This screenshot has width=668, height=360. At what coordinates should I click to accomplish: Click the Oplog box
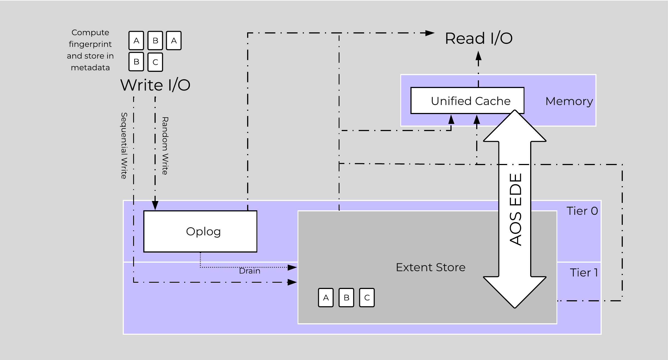point(200,231)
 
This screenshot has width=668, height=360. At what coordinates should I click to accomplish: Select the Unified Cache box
point(467,101)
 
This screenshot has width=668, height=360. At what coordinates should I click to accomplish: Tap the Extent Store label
point(430,267)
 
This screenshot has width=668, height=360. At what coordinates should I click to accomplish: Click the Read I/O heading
point(479,38)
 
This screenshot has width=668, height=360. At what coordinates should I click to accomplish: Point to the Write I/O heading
point(155,85)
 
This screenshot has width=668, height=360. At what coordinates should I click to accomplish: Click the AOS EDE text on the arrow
point(515,210)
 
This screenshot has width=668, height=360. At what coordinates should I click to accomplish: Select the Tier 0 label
point(582,211)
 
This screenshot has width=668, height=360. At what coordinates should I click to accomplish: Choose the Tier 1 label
point(584,273)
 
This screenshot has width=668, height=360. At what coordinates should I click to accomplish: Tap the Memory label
point(569,101)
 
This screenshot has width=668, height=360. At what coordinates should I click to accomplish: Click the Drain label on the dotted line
point(249,271)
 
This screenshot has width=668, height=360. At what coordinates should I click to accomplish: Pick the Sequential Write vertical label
point(124,146)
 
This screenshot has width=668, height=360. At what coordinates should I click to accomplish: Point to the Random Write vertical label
point(165,146)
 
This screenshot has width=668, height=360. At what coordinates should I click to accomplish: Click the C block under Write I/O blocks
point(155,62)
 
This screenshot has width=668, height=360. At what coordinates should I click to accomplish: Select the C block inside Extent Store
point(367,297)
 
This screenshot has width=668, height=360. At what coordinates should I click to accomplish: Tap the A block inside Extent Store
point(326,297)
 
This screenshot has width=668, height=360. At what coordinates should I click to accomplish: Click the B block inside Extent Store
point(346,297)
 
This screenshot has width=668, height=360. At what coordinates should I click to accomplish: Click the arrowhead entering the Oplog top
point(155,206)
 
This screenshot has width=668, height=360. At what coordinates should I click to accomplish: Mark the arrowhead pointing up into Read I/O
point(478,56)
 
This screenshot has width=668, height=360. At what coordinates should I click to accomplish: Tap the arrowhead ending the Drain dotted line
point(292,267)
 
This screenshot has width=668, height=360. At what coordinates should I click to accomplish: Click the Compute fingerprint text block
point(90,50)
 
